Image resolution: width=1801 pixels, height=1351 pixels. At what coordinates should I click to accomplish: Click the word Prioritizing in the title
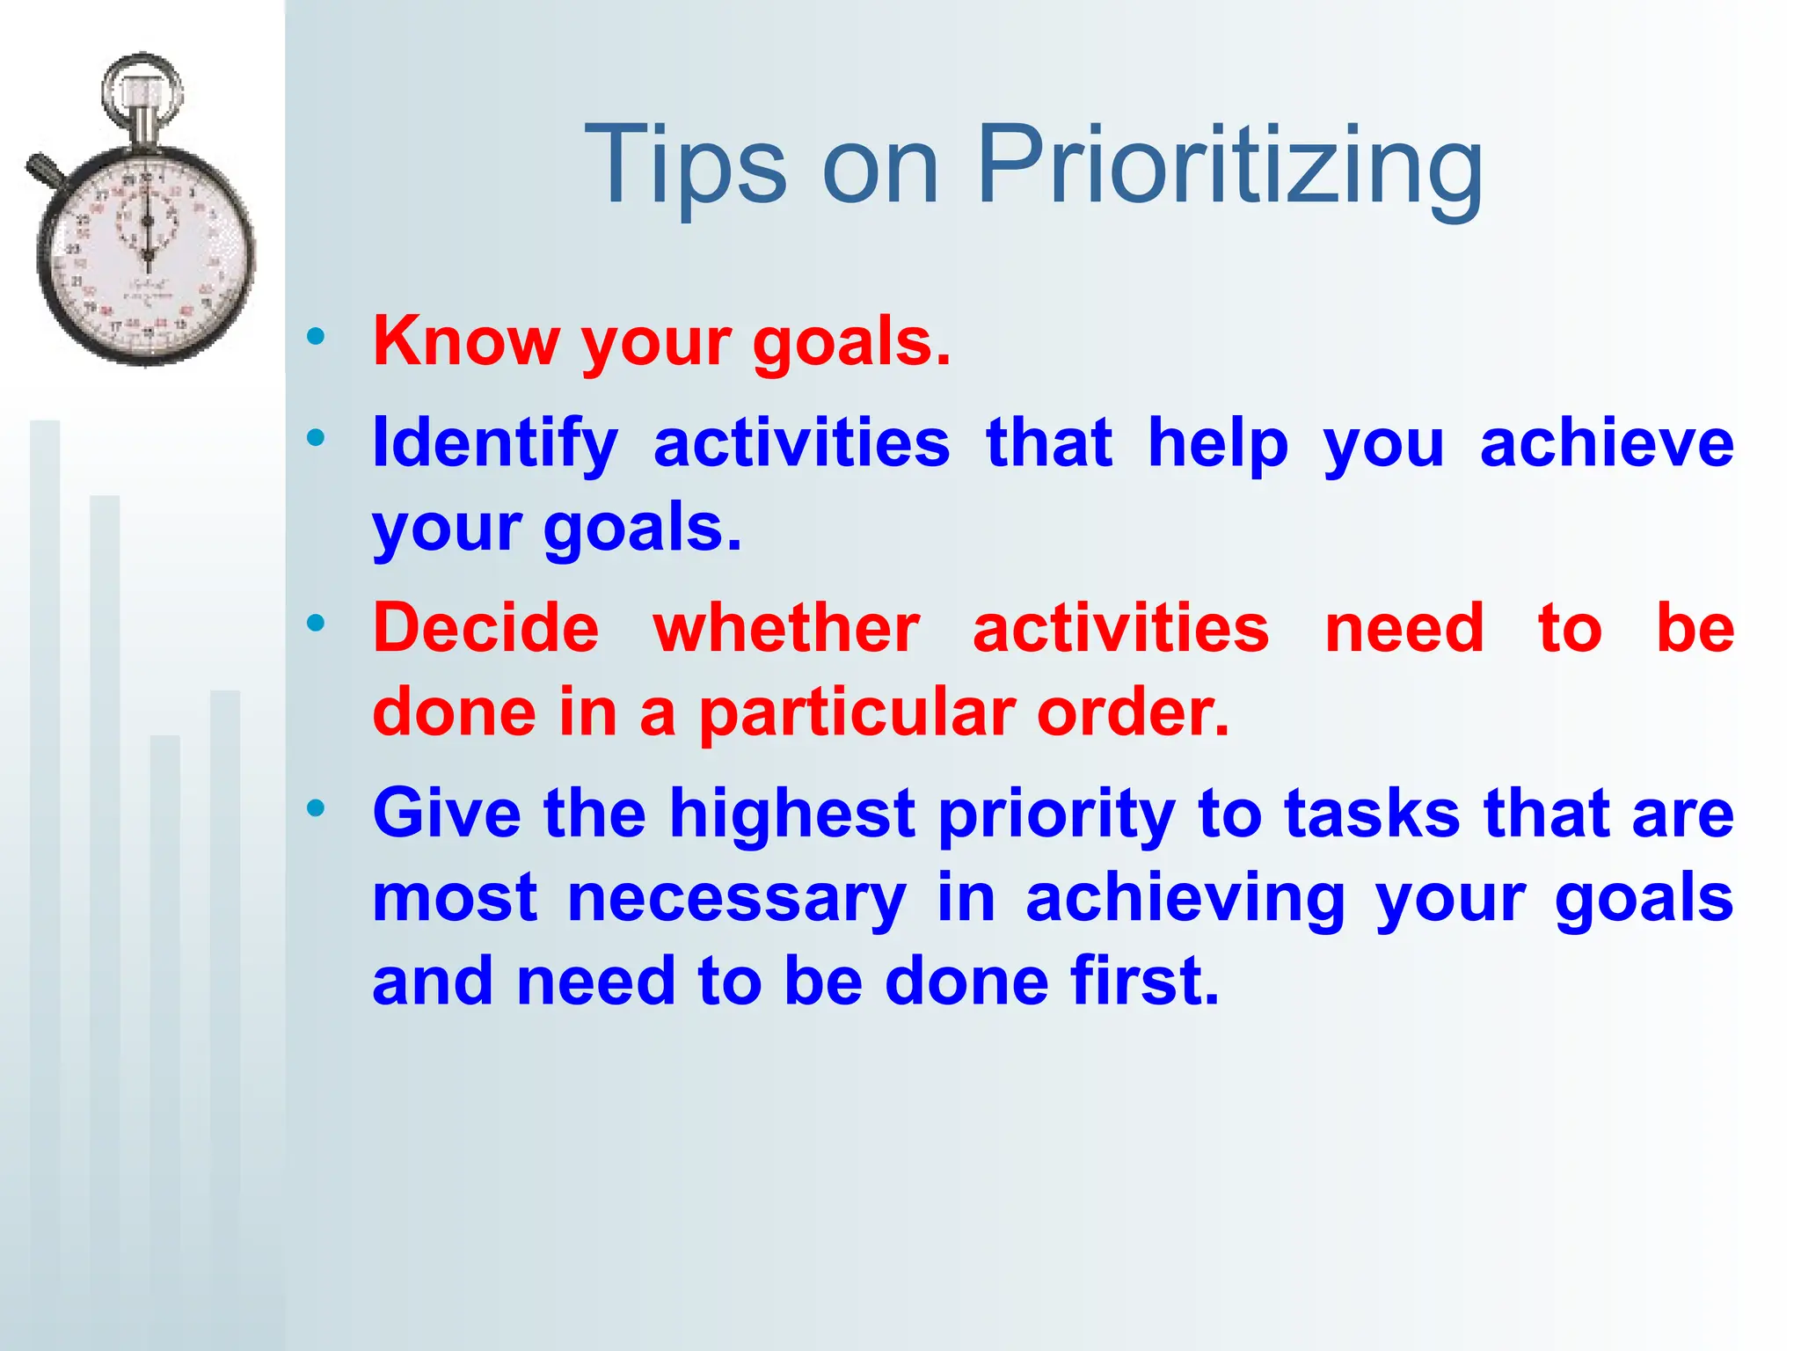coord(1229,167)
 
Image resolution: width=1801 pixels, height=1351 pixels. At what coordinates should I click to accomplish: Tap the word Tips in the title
coord(685,167)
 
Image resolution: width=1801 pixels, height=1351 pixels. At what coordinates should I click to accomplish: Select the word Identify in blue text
coord(495,443)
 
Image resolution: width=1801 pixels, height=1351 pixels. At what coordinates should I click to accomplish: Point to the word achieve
coord(1606,443)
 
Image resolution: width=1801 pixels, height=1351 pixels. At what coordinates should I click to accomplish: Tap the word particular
coord(857,712)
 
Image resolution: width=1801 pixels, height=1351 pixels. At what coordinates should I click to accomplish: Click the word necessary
coord(736,899)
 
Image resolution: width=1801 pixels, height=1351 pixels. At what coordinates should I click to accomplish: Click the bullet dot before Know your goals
coord(316,336)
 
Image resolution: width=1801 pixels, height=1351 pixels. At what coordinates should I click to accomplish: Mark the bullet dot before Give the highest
coord(316,807)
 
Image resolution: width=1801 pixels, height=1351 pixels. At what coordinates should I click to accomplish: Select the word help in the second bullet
coord(1217,443)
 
